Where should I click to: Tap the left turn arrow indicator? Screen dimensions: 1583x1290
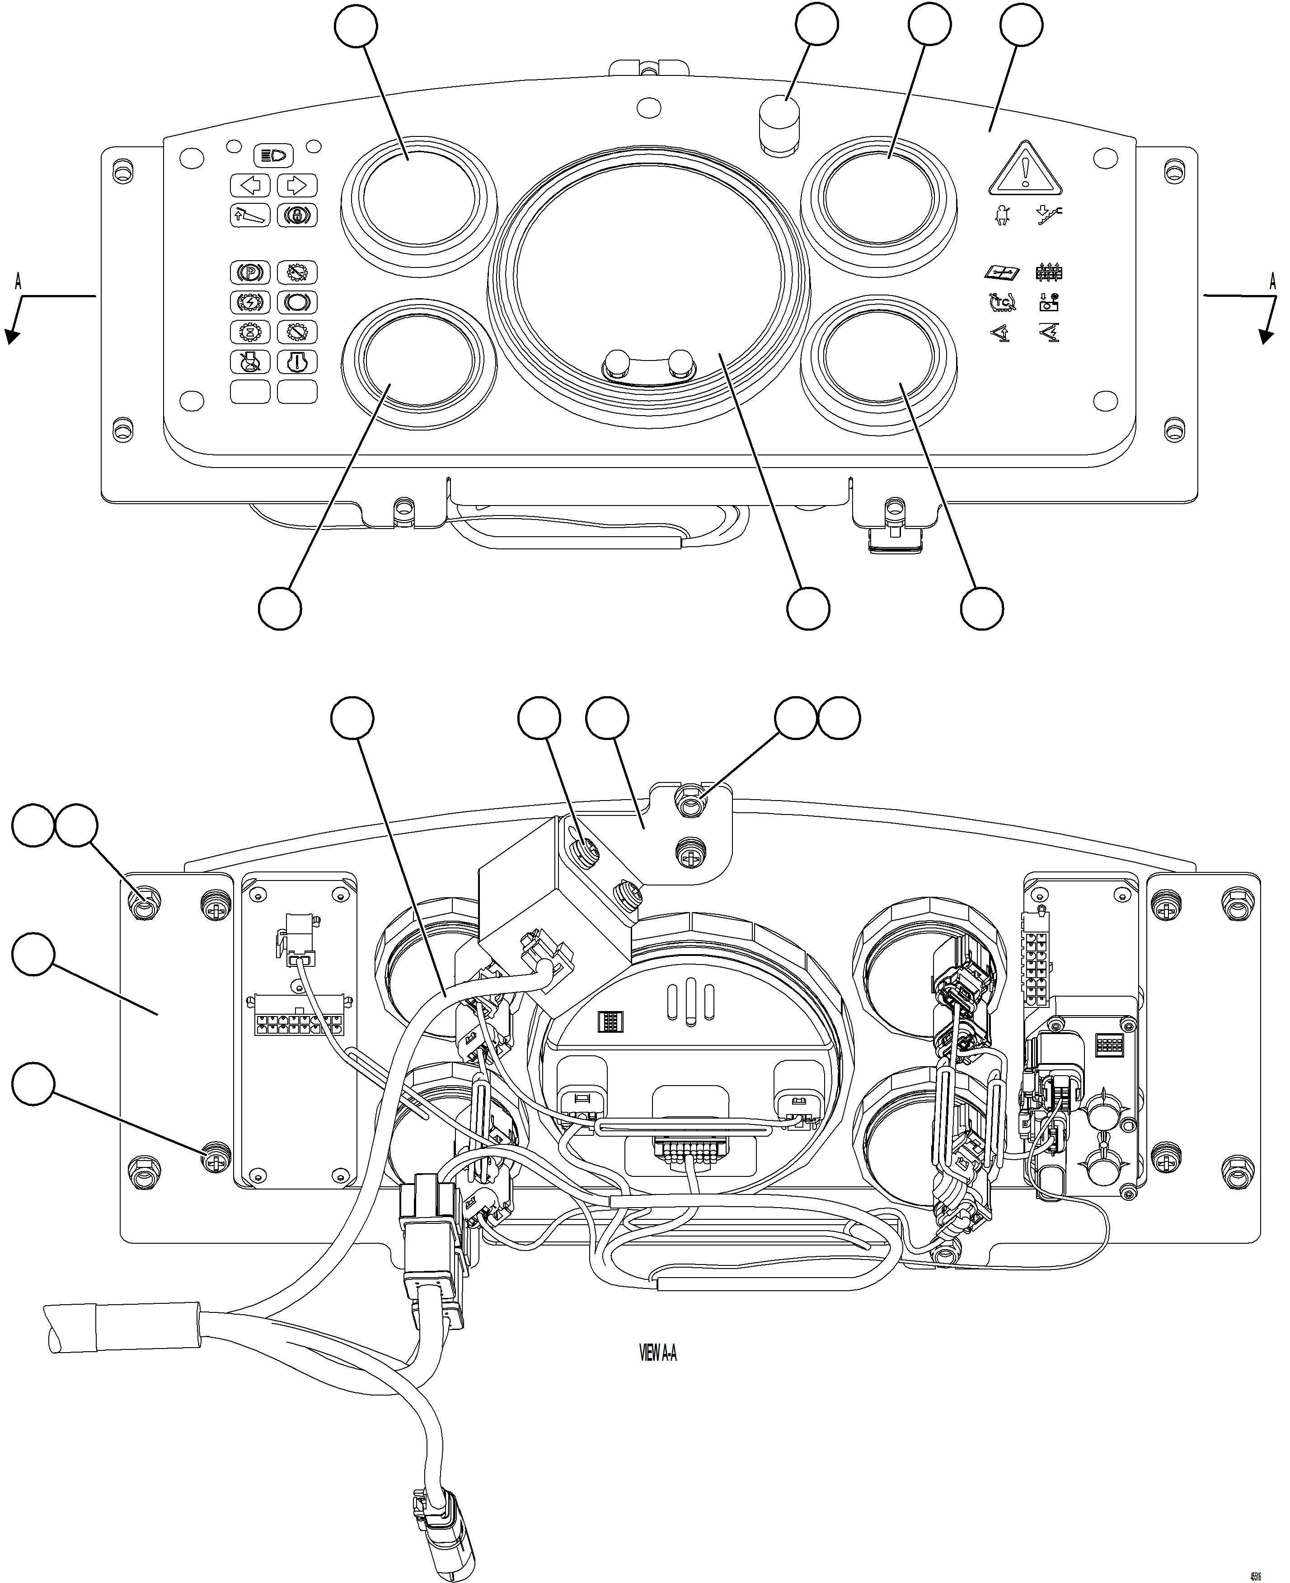250,185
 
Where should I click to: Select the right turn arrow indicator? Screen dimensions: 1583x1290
296,185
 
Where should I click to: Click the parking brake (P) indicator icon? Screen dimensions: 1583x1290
250,272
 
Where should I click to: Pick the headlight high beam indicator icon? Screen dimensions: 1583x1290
273,156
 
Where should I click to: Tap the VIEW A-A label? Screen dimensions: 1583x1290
657,1354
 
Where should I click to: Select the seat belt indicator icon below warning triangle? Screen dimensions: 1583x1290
1003,215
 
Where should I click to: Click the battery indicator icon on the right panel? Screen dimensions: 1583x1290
1049,302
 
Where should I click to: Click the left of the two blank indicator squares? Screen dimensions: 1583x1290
250,392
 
